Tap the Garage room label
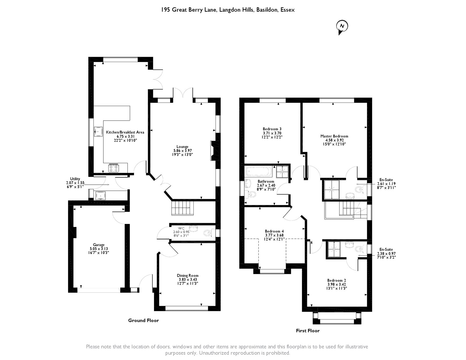pos(99,245)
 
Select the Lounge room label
pos(182,147)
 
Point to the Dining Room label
pos(188,276)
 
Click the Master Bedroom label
pos(334,136)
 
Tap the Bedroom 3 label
pos(272,129)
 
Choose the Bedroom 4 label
pos(274,232)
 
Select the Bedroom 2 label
pos(336,280)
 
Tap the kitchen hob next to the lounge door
pos(114,168)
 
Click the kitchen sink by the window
pos(98,131)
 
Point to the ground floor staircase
pos(182,208)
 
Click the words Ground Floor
pos(143,320)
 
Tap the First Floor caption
pos(308,331)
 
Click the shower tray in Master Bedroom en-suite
pos(332,190)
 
